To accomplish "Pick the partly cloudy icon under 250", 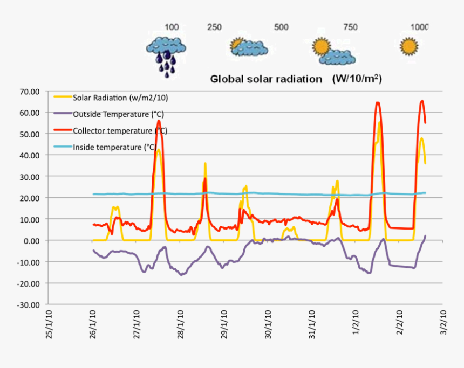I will tap(248, 47).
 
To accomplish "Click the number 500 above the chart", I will tap(281, 27).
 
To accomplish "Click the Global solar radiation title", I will tap(296, 79).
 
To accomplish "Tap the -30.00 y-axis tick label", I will tap(29, 304).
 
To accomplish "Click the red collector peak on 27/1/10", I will tap(159, 121).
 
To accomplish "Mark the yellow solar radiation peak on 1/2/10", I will tap(380, 123).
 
